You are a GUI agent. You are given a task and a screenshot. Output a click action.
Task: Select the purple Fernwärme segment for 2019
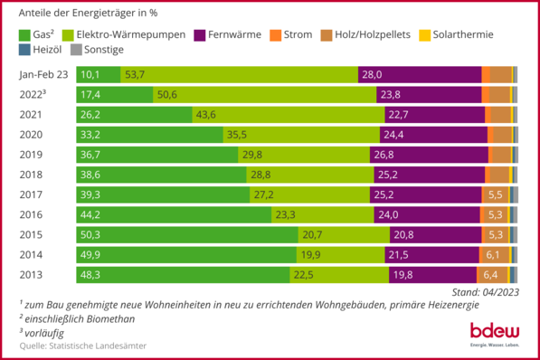click(425, 155)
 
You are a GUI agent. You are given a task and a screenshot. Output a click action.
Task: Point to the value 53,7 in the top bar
click(136, 75)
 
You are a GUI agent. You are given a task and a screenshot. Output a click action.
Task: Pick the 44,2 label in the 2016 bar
click(93, 214)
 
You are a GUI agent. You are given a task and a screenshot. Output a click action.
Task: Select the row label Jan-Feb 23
click(43, 75)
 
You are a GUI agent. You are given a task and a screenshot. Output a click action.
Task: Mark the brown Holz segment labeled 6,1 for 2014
click(492, 254)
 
